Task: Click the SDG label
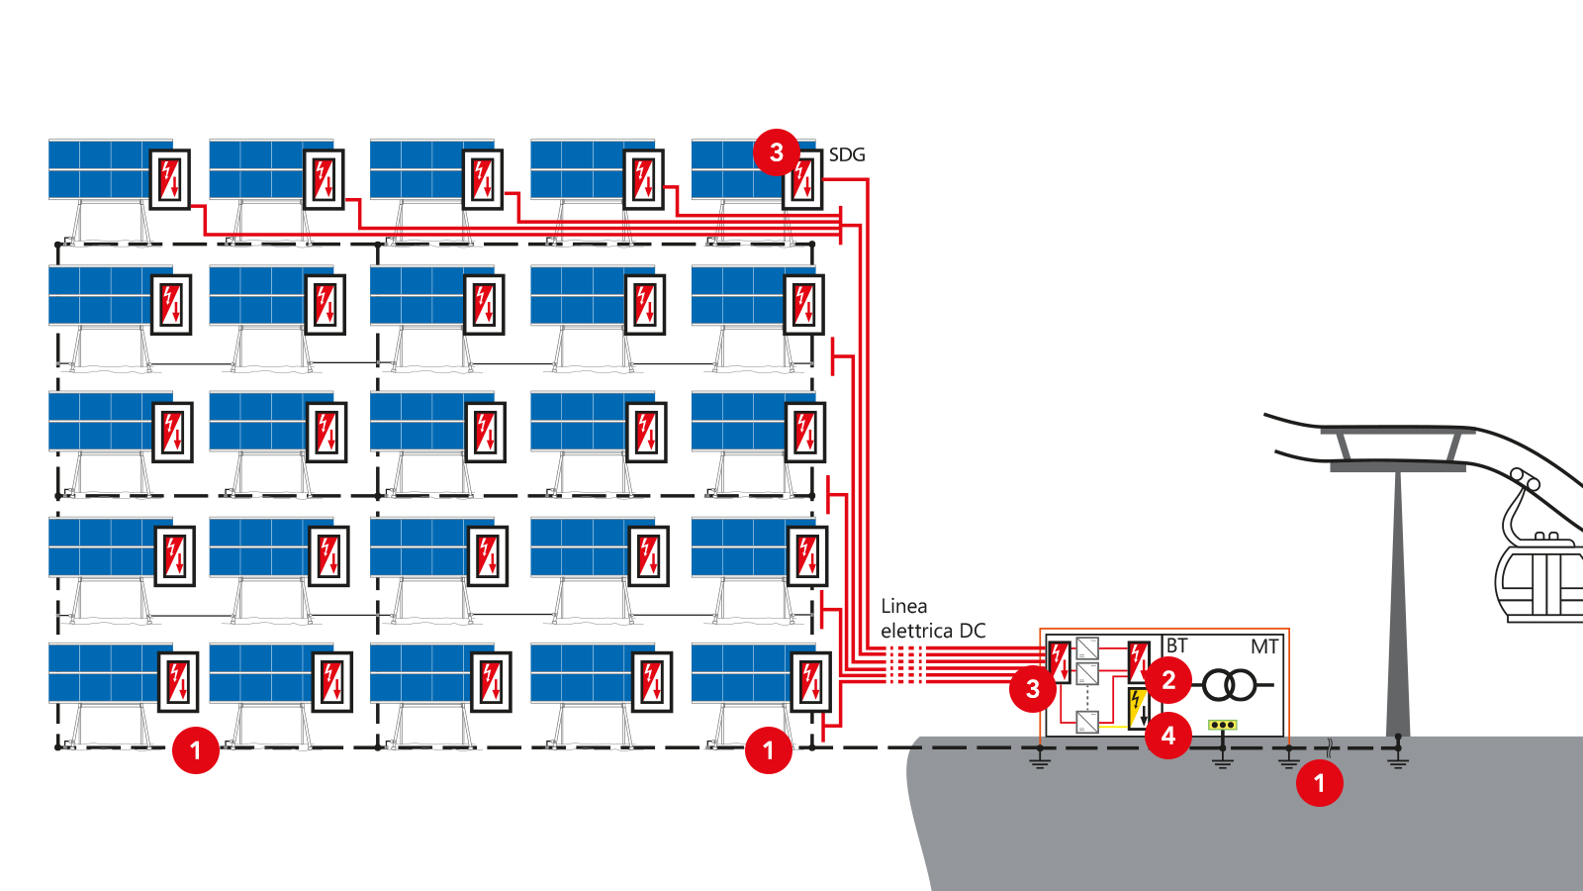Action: pos(847,154)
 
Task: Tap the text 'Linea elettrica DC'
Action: pos(933,618)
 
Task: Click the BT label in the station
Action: pos(1176,645)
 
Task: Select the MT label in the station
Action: pos(1264,646)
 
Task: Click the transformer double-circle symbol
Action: pos(1229,684)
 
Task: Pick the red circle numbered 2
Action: pos(1168,680)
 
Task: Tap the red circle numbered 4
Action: pos(1168,736)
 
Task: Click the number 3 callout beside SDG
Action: pos(776,152)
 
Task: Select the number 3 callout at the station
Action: pos(1033,689)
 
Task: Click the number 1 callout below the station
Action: pos(1320,783)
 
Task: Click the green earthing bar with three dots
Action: pos(1223,725)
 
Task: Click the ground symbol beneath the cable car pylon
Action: pos(1398,761)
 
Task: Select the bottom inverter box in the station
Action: pos(1087,722)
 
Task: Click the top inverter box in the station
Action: pos(1087,648)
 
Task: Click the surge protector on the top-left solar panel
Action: pos(169,179)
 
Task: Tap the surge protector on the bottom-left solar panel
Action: pos(177,682)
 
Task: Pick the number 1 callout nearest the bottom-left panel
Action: pos(196,750)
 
